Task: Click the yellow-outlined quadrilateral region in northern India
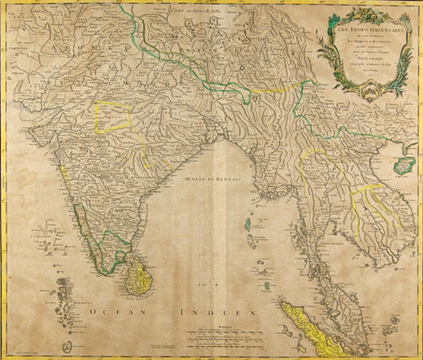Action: (114, 115)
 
